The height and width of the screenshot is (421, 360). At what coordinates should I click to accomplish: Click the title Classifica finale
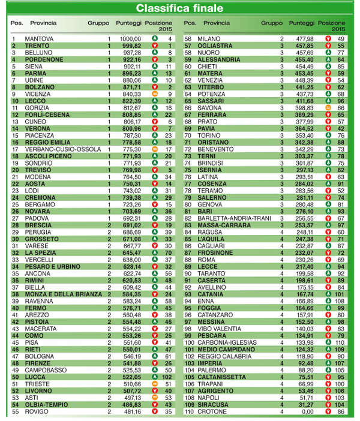point(179,8)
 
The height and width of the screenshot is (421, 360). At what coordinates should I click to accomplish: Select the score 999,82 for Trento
point(130,46)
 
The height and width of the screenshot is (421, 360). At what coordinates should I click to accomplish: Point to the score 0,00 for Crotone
point(305,412)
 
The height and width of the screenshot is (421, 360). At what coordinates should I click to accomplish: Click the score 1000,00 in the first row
point(130,39)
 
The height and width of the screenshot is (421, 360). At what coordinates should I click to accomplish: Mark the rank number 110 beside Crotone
point(188,412)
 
